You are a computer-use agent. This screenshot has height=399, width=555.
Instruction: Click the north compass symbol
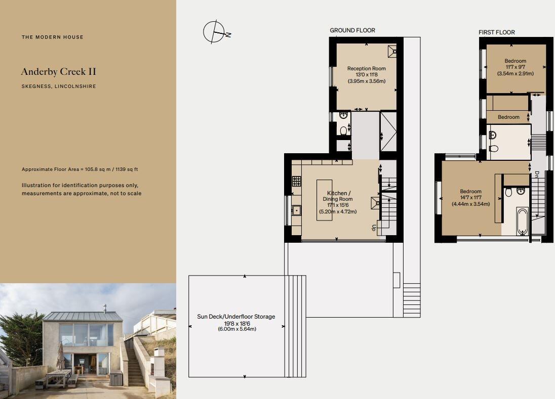[x=215, y=32]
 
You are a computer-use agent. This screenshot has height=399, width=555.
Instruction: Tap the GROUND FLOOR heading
[x=352, y=30]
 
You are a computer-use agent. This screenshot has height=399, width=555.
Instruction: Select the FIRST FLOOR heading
[x=497, y=32]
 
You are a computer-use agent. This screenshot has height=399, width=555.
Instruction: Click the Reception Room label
[x=366, y=68]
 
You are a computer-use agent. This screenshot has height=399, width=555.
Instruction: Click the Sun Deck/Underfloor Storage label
[x=236, y=317]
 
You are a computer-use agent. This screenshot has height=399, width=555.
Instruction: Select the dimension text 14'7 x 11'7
[x=470, y=198]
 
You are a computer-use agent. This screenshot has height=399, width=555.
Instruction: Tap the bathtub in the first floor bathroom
[x=522, y=221]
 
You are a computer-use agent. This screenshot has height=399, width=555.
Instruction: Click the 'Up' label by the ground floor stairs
[x=374, y=228]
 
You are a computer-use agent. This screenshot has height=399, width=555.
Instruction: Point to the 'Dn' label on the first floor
[x=536, y=173]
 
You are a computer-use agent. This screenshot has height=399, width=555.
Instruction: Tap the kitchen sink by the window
[x=296, y=211]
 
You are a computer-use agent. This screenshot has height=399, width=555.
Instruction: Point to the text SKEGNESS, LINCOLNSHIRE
[x=58, y=86]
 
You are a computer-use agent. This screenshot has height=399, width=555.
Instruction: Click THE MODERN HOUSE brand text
[x=52, y=37]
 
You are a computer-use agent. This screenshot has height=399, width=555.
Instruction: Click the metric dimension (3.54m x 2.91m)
[x=516, y=73]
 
